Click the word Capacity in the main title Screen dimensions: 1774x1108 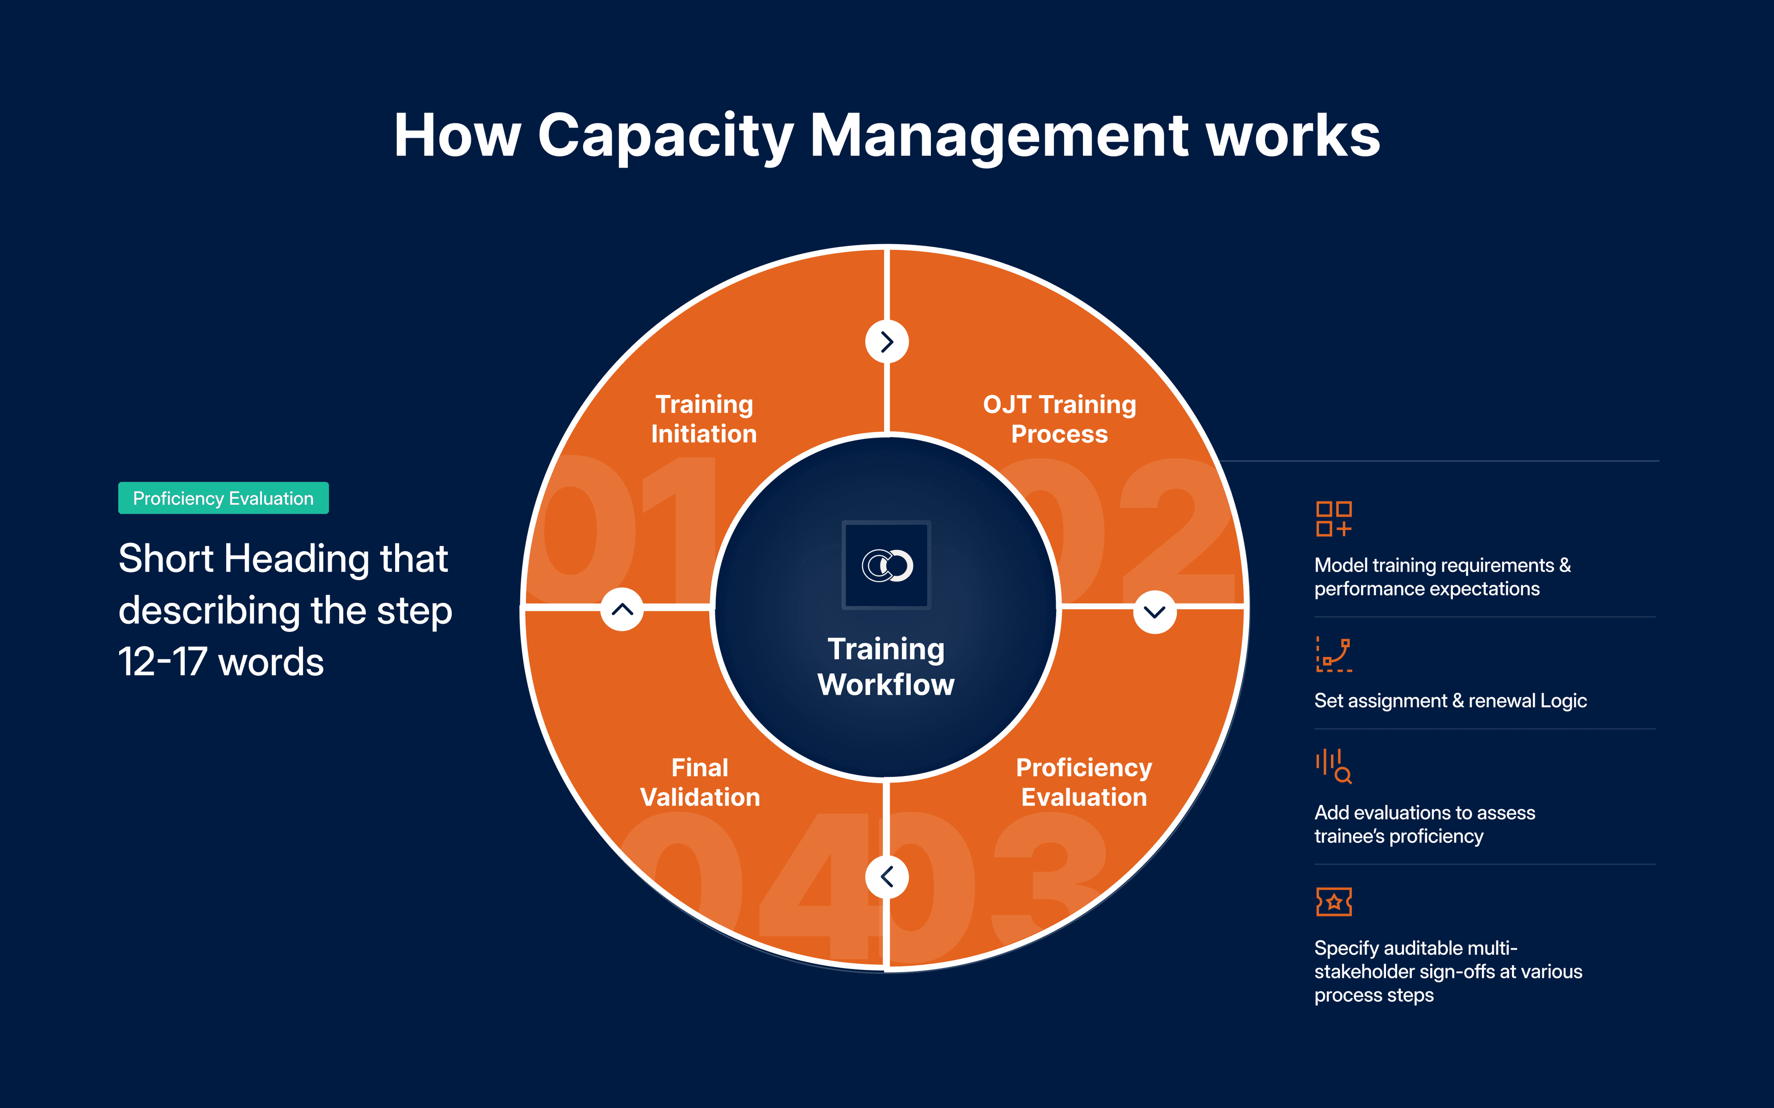666,137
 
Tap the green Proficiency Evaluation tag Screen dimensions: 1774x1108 224,498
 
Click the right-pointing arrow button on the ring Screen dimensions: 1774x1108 887,342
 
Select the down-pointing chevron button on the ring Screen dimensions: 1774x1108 1154,612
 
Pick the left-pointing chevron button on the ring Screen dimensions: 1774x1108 887,876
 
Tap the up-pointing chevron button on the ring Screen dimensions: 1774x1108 622,609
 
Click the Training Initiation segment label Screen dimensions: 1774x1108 704,419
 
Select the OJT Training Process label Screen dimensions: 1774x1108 1059,419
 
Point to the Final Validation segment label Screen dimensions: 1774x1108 700,782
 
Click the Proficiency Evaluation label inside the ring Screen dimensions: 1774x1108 1084,782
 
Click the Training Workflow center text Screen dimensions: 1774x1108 886,666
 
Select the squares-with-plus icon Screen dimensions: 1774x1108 1333,519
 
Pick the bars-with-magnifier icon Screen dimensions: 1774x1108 1333,766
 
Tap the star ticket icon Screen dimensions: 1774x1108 1333,901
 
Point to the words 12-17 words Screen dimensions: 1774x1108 221,662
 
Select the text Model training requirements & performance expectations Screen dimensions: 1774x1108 1442,577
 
